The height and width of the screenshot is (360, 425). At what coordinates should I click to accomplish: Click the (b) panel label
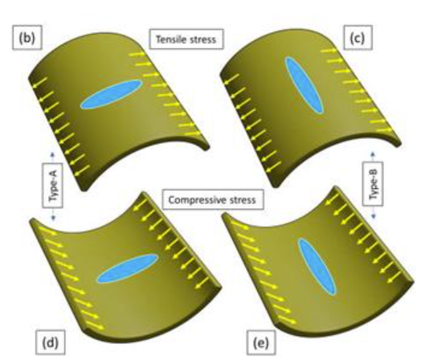pos(27,38)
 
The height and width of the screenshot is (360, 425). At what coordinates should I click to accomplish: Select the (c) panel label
pos(358,38)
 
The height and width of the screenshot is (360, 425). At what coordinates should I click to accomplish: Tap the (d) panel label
pos(51,342)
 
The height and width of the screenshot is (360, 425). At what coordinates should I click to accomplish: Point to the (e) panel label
pos(261,342)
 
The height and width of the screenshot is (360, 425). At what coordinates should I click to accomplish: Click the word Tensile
pos(170,39)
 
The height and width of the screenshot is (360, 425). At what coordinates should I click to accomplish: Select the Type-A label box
pos(52,186)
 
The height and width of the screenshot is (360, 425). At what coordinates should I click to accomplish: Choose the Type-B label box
pos(373,184)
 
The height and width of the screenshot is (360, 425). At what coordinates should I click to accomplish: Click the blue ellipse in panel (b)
pos(112,94)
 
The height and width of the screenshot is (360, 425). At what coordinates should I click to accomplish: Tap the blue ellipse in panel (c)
pos(304,85)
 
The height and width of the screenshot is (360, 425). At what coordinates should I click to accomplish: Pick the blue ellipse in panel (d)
pos(128,268)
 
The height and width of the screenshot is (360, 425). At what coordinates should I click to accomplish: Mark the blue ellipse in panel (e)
pos(317,267)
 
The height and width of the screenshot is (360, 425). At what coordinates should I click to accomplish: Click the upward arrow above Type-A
pos(52,157)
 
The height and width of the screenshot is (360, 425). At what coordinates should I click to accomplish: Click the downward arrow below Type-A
pos(53,214)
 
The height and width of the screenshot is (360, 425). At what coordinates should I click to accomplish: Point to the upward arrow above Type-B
pos(373,157)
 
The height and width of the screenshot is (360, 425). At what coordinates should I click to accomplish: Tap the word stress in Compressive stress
pos(243,200)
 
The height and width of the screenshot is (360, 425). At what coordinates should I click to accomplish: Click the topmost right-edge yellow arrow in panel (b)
pos(137,54)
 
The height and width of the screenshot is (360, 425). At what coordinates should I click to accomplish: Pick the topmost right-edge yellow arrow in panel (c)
pos(329,51)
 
